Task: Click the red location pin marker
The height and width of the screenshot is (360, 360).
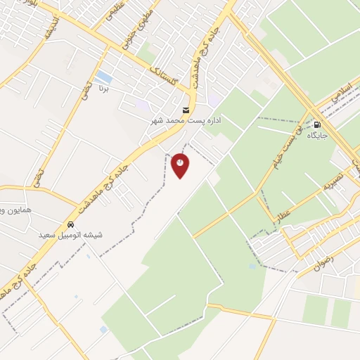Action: [x=180, y=165]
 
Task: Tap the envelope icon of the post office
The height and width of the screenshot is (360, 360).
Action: [x=185, y=110]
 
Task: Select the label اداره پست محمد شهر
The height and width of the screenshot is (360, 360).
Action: [x=186, y=121]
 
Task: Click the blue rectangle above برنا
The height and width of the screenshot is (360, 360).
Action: [x=103, y=75]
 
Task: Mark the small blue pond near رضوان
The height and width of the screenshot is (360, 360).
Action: [x=252, y=266]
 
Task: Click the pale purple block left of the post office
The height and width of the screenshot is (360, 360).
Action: [x=143, y=105]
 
